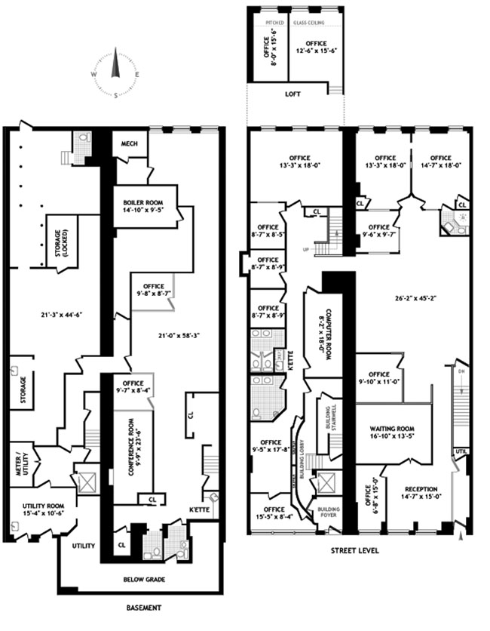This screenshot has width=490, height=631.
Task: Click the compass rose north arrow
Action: [115, 66]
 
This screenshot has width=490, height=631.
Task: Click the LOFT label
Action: [292, 95]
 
